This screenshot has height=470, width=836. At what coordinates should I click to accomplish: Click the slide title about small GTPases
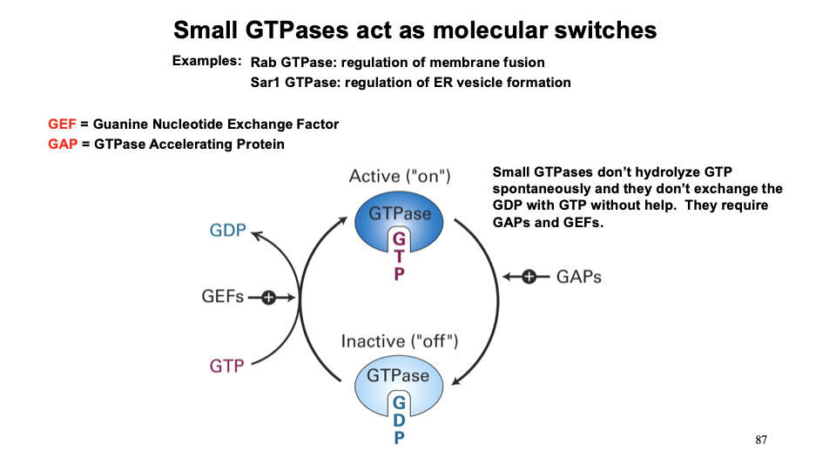(415, 30)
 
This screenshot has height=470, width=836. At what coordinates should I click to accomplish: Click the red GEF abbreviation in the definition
(62, 124)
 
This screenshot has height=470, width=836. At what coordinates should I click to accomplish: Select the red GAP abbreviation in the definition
(63, 144)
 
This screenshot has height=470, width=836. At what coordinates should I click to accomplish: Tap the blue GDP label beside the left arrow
(227, 232)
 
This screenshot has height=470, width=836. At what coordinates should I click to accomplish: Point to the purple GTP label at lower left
(226, 366)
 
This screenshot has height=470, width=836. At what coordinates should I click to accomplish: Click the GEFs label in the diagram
(222, 298)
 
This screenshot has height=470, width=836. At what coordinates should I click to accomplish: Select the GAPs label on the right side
(579, 277)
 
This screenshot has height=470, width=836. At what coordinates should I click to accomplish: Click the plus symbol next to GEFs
(267, 299)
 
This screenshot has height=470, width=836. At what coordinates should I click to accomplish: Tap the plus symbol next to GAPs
(529, 277)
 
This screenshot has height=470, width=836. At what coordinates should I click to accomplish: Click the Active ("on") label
(399, 177)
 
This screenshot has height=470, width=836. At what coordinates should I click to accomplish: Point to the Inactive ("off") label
(399, 340)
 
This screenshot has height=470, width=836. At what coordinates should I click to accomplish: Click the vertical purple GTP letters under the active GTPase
(399, 256)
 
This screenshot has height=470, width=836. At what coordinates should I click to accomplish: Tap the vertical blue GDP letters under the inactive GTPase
(399, 420)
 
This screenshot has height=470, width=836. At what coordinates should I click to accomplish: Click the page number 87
(761, 440)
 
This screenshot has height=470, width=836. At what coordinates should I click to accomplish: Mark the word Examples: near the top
(206, 61)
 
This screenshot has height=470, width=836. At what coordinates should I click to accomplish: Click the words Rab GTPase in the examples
(288, 63)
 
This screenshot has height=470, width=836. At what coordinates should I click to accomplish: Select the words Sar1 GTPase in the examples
(291, 83)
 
